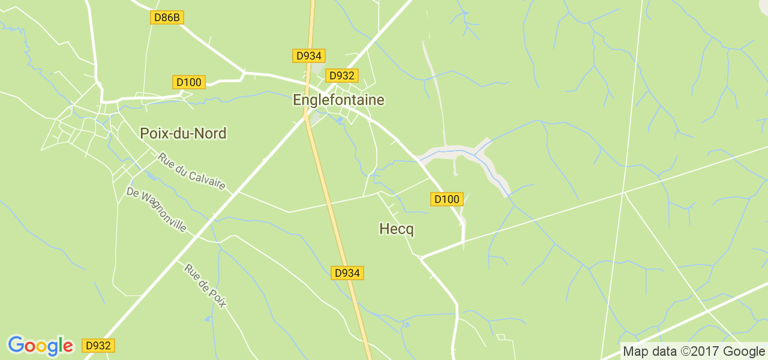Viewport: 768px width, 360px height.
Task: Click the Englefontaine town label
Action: [x=338, y=100]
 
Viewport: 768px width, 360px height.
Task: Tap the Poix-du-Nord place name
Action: [x=183, y=133]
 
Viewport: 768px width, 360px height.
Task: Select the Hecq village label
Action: [x=397, y=229]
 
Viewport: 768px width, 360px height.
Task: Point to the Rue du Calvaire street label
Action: [x=191, y=172]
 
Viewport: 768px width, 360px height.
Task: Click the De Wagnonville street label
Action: [x=157, y=210]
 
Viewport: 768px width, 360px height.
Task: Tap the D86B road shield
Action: [x=167, y=17]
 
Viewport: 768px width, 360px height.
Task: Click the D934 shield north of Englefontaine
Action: [x=309, y=56]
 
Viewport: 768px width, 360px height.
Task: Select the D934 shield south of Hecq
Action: [x=347, y=273]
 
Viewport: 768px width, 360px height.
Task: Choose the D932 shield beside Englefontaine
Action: [x=342, y=76]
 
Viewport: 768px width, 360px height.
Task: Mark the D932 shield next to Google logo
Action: [x=98, y=346]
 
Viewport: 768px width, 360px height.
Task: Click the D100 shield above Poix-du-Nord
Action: [x=189, y=82]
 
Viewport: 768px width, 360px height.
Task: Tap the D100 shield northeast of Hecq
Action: [x=447, y=199]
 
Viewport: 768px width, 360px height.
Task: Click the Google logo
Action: [x=40, y=346]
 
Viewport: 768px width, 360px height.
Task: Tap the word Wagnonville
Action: [x=164, y=215]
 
